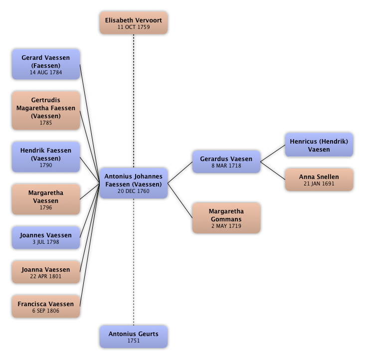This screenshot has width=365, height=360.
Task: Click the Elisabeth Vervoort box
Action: tap(134, 23)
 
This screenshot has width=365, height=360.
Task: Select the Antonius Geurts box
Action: tap(134, 337)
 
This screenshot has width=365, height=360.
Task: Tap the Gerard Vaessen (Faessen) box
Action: tap(46, 64)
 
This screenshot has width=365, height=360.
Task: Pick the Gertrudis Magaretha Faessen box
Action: tap(46, 111)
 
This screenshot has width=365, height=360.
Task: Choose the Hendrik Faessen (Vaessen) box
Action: tap(46, 157)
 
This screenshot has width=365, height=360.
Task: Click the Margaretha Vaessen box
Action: tap(46, 199)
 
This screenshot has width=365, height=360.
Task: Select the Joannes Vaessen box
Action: tap(46, 238)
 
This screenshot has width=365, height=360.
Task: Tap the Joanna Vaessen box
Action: tap(46, 272)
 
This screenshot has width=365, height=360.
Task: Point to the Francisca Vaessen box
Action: tap(46, 307)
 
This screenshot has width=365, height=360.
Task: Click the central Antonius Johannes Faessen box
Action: tap(134, 183)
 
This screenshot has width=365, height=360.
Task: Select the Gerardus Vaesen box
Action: tap(226, 162)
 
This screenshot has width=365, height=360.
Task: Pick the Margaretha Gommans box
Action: tap(226, 218)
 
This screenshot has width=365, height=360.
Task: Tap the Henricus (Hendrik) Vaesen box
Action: tap(319, 145)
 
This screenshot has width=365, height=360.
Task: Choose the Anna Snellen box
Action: tap(319, 180)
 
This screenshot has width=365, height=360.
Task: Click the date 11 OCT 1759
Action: tap(134, 27)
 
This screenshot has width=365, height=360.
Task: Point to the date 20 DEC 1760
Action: tap(134, 191)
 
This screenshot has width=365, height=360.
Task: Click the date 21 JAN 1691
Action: tap(319, 183)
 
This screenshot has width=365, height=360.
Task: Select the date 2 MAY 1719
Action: tap(226, 226)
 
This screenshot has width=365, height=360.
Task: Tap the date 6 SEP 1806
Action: tap(46, 311)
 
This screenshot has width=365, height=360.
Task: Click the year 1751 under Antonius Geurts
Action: tap(134, 341)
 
